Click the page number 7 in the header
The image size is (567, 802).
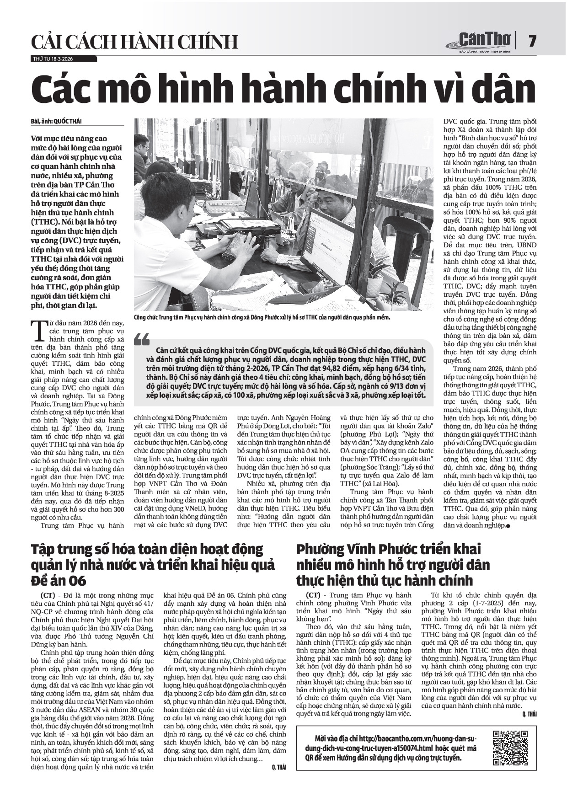pyautogui.click(x=532, y=41)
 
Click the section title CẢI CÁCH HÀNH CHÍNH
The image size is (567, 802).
pyautogui.click(x=134, y=42)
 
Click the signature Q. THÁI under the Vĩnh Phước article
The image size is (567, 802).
pyautogui.click(x=529, y=714)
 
